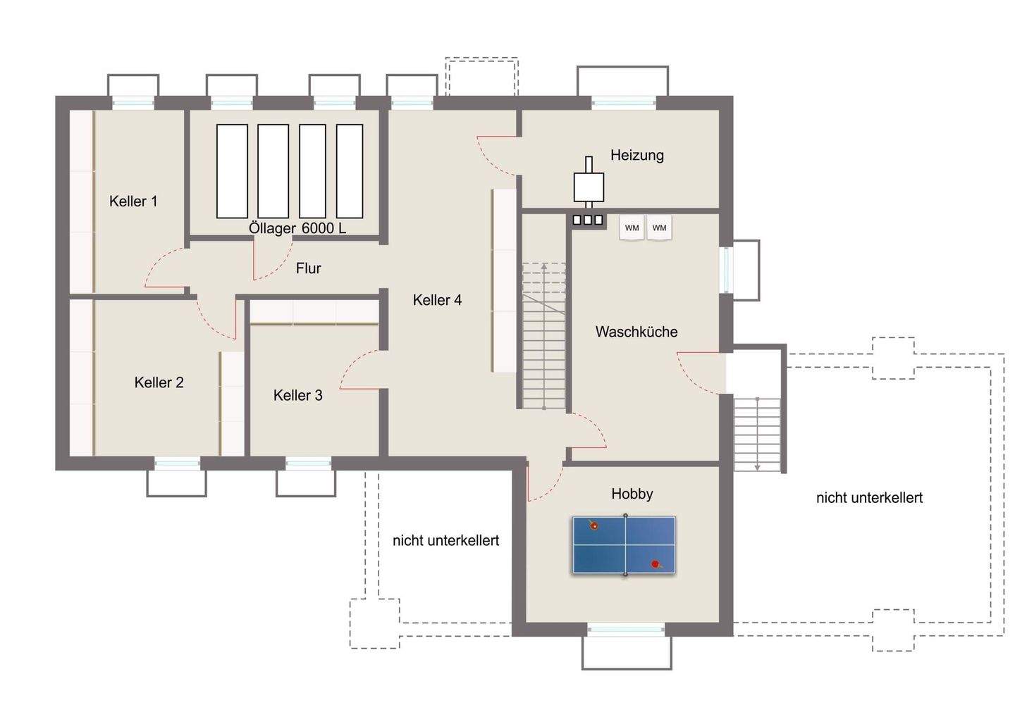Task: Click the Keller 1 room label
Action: click(x=133, y=201)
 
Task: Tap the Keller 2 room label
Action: click(x=159, y=382)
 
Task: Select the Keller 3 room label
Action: click(x=297, y=395)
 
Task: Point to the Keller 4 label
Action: click(x=437, y=300)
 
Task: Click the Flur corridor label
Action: click(x=308, y=268)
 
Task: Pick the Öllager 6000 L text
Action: click(x=297, y=229)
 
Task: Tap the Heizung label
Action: click(x=636, y=155)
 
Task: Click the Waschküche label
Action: click(x=636, y=332)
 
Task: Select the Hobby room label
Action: click(x=632, y=494)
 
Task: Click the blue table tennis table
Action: click(x=624, y=545)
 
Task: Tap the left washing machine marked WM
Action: click(x=632, y=228)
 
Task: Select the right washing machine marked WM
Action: click(x=659, y=228)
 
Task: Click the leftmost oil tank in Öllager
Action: click(x=232, y=171)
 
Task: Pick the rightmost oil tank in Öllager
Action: click(x=350, y=171)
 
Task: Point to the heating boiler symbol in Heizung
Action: click(x=589, y=186)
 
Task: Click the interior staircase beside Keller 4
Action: click(x=543, y=335)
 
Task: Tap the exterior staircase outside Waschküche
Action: click(x=758, y=434)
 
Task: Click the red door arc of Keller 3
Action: click(x=356, y=373)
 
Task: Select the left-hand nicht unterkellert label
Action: click(x=445, y=540)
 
